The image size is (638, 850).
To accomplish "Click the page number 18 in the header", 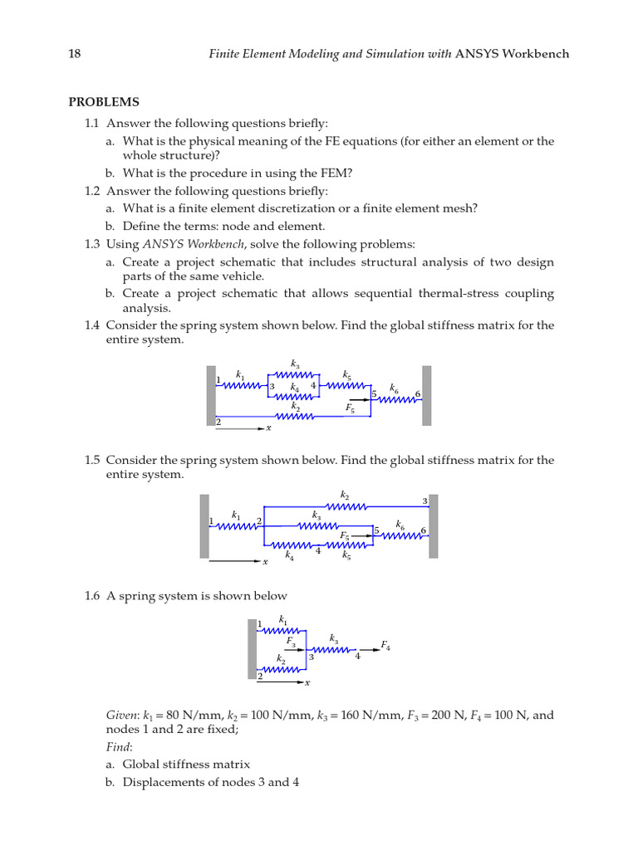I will click(x=74, y=54).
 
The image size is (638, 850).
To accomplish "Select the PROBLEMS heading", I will click(x=103, y=102).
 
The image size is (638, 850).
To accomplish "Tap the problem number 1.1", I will click(x=91, y=122).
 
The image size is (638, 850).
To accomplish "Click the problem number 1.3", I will click(x=91, y=244).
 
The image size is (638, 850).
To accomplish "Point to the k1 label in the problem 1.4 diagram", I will click(x=240, y=374).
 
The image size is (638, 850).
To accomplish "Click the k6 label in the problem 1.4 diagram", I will click(x=394, y=388).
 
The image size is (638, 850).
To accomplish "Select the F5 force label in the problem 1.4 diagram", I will click(x=351, y=408).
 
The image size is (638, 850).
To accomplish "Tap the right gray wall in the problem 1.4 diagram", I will click(x=426, y=396).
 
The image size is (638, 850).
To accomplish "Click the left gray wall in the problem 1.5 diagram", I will click(x=204, y=526).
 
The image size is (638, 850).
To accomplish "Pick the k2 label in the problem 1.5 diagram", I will click(x=345, y=495).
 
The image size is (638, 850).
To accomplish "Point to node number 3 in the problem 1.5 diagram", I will click(x=425, y=501).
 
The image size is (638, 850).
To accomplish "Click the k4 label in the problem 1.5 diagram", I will click(x=289, y=556).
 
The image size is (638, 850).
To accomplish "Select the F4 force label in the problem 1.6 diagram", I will click(x=385, y=645).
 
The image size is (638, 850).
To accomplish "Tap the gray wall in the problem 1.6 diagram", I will click(x=252, y=650).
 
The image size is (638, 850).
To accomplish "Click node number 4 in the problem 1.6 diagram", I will click(x=357, y=657).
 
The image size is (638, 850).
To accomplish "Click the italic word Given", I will click(x=121, y=715).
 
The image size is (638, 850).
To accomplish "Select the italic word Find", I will click(x=117, y=747).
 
